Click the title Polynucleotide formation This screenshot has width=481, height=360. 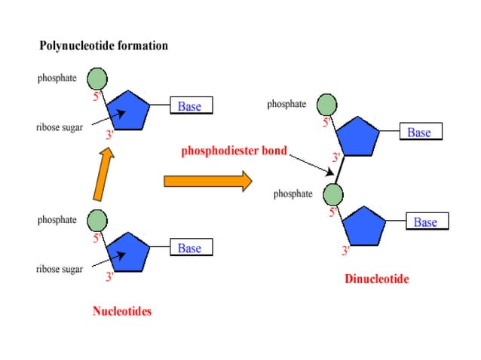click(103, 46)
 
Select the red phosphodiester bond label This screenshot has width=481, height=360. click(234, 151)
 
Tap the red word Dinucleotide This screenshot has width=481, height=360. click(377, 279)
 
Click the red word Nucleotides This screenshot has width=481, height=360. click(122, 310)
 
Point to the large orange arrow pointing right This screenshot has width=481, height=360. click(207, 181)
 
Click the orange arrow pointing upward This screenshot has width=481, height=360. click(106, 173)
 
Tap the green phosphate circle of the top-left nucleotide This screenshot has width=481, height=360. click(97, 78)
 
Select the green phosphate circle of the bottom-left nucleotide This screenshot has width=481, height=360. click(97, 221)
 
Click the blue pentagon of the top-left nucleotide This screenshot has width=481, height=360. click(128, 112)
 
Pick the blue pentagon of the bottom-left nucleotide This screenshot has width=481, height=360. click(128, 253)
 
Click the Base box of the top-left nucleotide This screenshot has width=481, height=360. click(191, 106)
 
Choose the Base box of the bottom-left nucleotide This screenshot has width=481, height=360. click(190, 248)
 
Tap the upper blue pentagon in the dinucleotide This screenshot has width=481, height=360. click(357, 136)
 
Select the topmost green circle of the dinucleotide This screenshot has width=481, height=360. click(326, 105)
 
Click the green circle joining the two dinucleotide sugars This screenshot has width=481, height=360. click(333, 194)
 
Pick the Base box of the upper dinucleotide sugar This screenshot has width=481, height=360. click(420, 132)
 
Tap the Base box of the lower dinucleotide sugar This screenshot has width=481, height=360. click(426, 221)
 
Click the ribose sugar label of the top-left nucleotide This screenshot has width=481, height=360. click(60, 128)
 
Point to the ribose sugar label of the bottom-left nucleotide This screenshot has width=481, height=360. click(60, 270)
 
